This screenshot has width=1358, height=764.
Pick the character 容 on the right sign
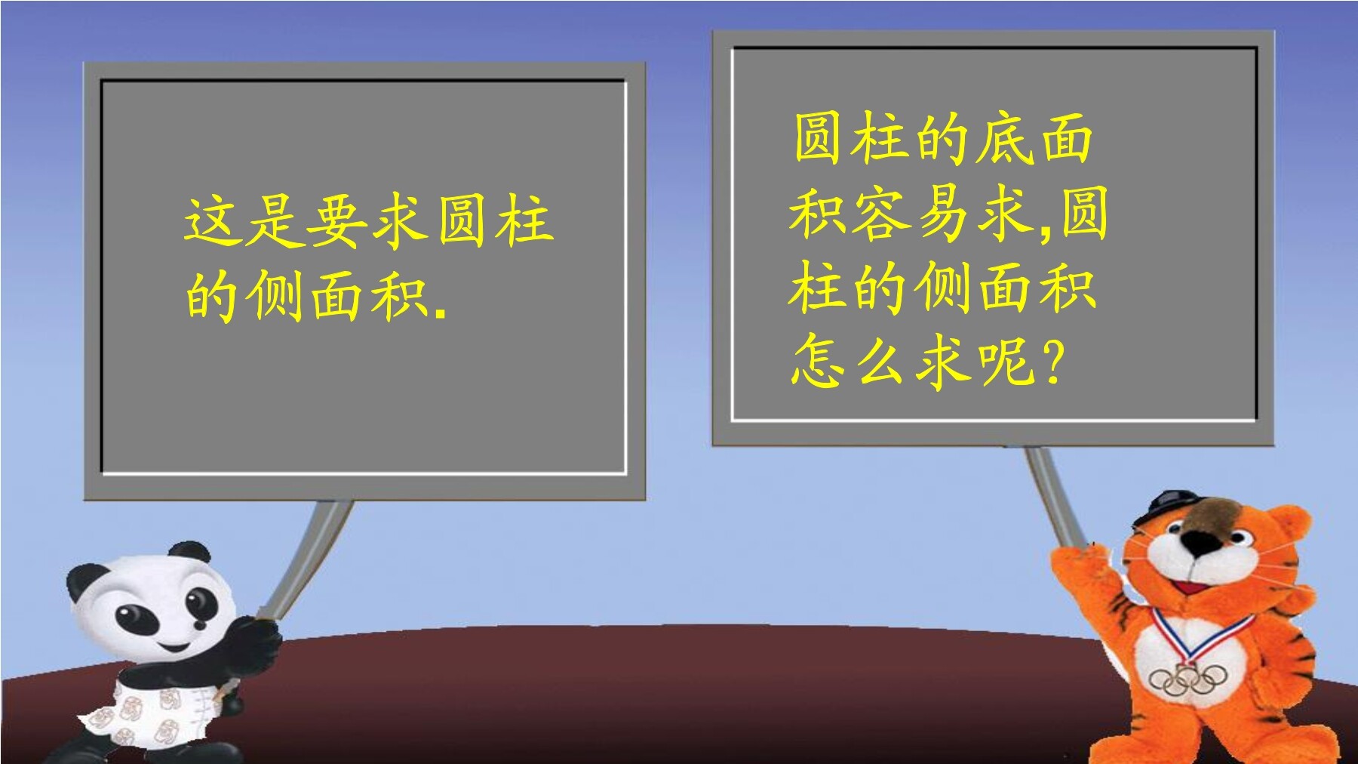click(x=880, y=214)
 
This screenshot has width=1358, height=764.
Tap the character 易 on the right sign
click(x=943, y=214)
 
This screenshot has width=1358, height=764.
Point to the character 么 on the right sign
click(x=880, y=360)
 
